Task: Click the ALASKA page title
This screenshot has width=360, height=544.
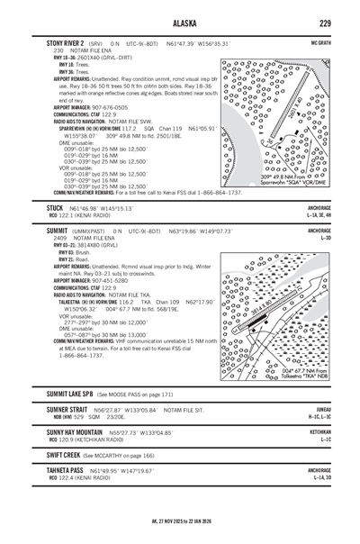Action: point(180,23)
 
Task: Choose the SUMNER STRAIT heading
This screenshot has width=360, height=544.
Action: point(72,409)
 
